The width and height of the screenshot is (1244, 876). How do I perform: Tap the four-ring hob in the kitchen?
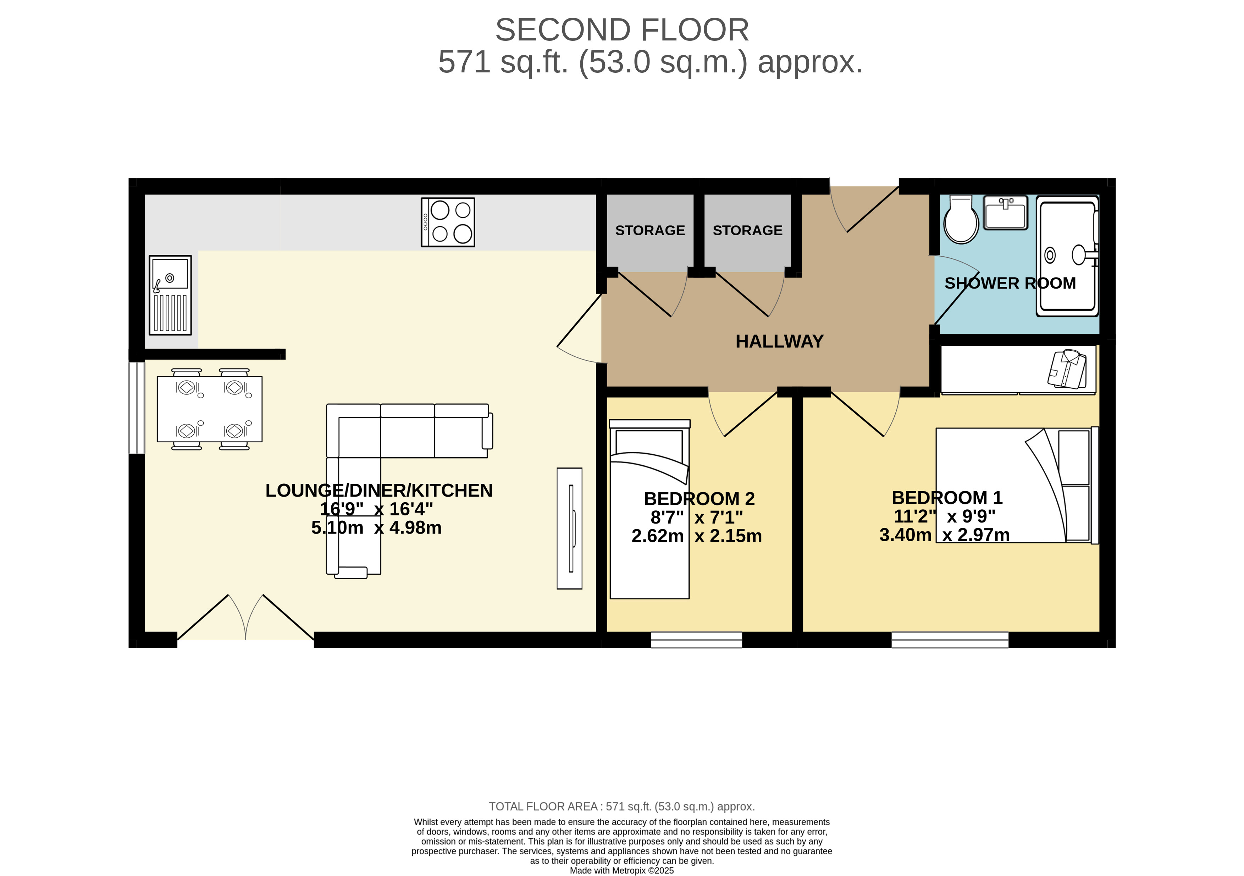[x=448, y=222]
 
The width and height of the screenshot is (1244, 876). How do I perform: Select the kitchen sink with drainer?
[x=170, y=295]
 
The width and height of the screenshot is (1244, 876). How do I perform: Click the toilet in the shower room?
[x=961, y=220]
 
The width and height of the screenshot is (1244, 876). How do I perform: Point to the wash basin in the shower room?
[x=1006, y=213]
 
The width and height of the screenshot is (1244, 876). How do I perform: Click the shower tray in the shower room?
[x=1067, y=256]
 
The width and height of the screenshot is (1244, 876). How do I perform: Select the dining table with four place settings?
[x=210, y=409]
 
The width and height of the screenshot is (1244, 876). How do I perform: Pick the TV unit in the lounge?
[x=569, y=529]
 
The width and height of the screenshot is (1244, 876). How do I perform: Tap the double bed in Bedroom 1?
[x=1017, y=485]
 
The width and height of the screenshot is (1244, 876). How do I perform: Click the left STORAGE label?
[x=650, y=230]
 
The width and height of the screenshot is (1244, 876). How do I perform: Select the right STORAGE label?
[x=748, y=230]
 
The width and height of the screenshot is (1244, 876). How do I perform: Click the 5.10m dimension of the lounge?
[x=337, y=527]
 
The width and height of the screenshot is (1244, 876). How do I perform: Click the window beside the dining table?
[x=137, y=407]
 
